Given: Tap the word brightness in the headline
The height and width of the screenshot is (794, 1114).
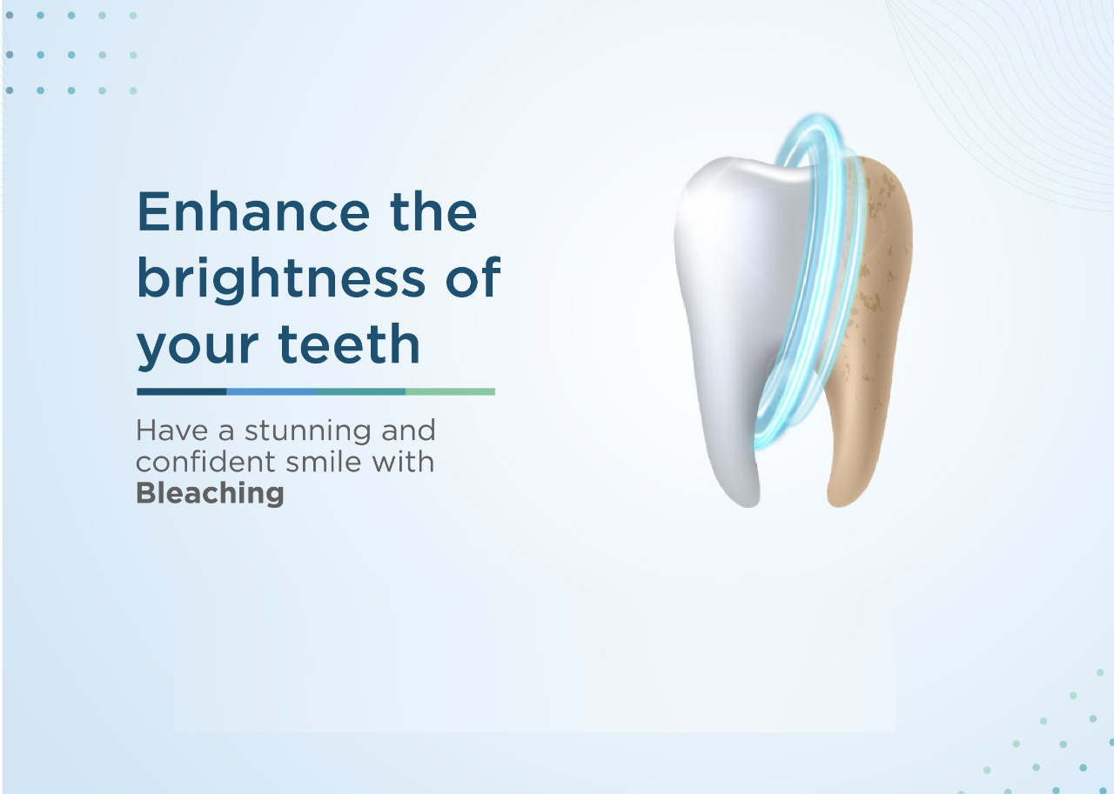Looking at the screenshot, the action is (281, 278).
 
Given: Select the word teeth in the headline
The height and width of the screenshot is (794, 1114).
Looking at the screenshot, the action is (349, 344).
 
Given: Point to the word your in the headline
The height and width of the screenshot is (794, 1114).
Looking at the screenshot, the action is (198, 349).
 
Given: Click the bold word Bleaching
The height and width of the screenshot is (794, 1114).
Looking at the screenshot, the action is (210, 494).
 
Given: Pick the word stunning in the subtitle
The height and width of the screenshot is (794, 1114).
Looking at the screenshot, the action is (307, 431).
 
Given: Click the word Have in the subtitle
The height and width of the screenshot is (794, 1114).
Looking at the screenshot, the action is (171, 430).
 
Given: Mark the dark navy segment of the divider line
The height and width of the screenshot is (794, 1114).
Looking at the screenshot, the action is (182, 391).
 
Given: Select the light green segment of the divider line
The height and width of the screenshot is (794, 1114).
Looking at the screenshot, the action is (450, 391).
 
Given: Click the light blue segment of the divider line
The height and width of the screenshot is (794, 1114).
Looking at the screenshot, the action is (271, 391).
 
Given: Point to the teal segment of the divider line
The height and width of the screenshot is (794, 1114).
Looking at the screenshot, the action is (360, 391).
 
